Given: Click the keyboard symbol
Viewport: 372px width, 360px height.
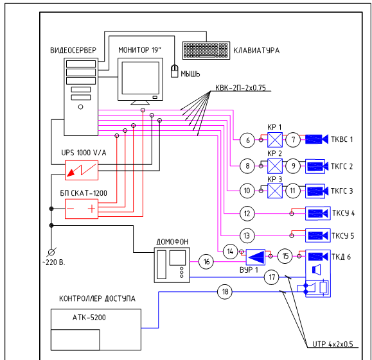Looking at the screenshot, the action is click(x=206, y=50).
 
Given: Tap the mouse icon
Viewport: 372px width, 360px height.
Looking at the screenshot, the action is click(x=175, y=71).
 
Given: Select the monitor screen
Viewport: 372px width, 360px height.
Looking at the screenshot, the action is click(x=141, y=78).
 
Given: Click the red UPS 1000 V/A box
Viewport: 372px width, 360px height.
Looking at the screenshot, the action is click(x=82, y=170).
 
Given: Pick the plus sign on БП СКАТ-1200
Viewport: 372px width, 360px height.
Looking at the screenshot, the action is click(x=92, y=209).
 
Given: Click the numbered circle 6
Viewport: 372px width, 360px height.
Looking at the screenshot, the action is click(x=247, y=141).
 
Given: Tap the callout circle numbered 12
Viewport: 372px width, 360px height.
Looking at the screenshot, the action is click(x=247, y=214).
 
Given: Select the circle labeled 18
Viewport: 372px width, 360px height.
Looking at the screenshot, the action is click(x=225, y=291).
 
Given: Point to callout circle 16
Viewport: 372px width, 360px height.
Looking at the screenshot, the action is click(x=206, y=262).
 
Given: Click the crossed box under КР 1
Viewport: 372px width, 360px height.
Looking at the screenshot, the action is click(x=275, y=140).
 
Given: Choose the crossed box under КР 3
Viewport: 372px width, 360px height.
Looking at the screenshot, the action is click(x=275, y=191).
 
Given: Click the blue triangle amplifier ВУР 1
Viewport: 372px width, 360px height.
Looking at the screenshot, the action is click(x=256, y=257).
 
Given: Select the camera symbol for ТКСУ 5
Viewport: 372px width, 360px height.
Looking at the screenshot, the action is click(x=318, y=236).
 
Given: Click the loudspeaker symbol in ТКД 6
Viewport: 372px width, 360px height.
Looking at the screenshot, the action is click(x=317, y=270).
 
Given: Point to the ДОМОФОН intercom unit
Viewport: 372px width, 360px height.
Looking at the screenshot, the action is click(x=172, y=265).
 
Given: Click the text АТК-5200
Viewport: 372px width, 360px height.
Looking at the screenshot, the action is click(x=89, y=318).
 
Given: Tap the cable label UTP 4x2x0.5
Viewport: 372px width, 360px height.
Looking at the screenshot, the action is click(x=333, y=344).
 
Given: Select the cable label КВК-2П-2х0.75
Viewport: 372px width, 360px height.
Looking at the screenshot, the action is click(x=240, y=88).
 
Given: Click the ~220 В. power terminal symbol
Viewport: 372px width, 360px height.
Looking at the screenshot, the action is click(x=51, y=252).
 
